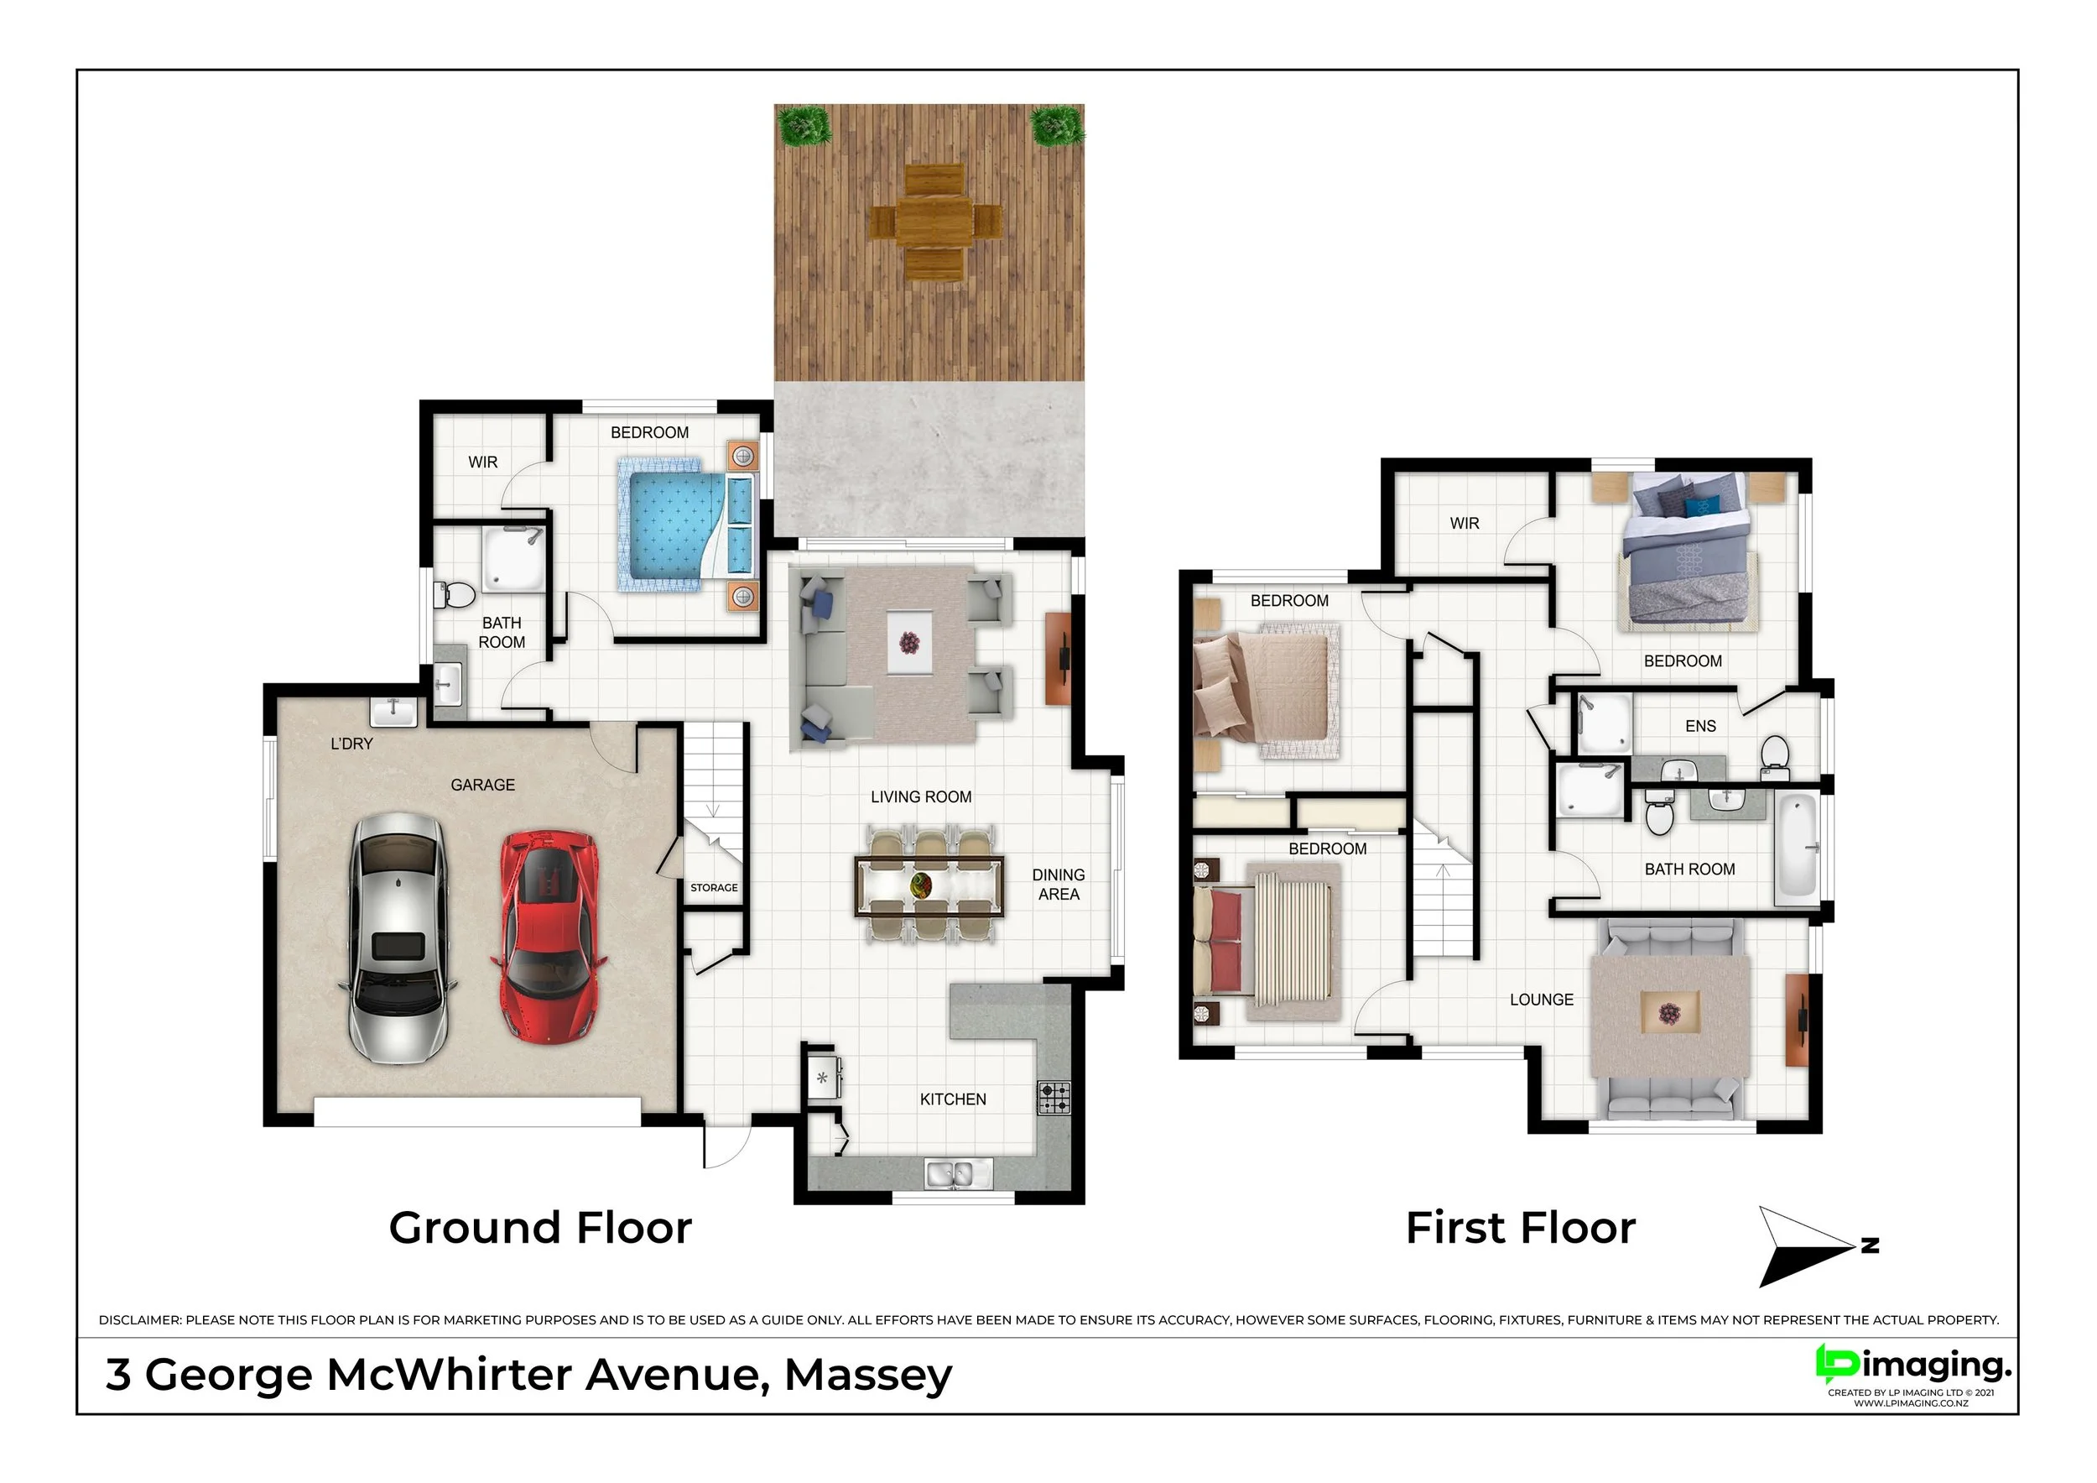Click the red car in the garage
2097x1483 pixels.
(x=549, y=935)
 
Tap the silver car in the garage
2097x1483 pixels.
(x=398, y=939)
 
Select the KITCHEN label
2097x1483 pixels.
(x=953, y=1099)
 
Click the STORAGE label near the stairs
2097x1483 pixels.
(x=714, y=887)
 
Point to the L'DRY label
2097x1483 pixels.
(x=351, y=744)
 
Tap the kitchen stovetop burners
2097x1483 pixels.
(x=1054, y=1098)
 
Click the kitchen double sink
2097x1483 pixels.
(x=958, y=1173)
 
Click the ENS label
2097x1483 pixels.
(x=1699, y=727)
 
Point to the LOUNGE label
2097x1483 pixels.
(x=1542, y=1000)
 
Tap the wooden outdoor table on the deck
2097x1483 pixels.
(x=934, y=222)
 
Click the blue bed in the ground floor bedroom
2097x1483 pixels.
(x=688, y=525)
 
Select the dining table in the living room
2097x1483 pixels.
(x=929, y=885)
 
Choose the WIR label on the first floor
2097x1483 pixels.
(x=1464, y=524)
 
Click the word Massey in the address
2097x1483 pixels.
(x=867, y=1376)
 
